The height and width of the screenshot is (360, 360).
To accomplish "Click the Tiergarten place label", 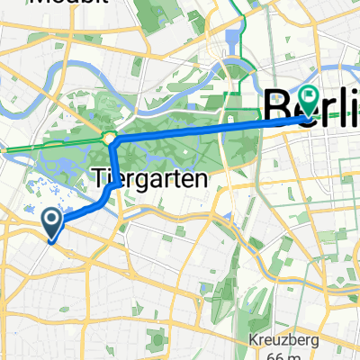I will (149, 178).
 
